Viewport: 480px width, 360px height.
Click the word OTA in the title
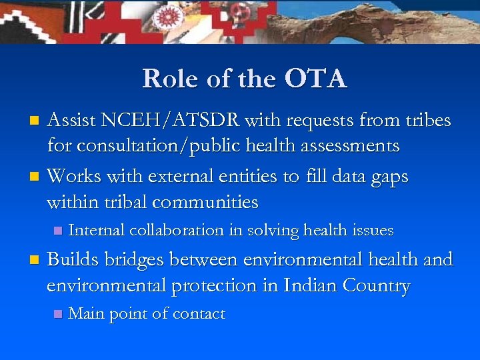tap(315, 79)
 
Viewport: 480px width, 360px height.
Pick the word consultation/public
tap(161, 145)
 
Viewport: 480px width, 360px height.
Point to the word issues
tap(371, 231)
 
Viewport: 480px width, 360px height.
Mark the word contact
tap(199, 314)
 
